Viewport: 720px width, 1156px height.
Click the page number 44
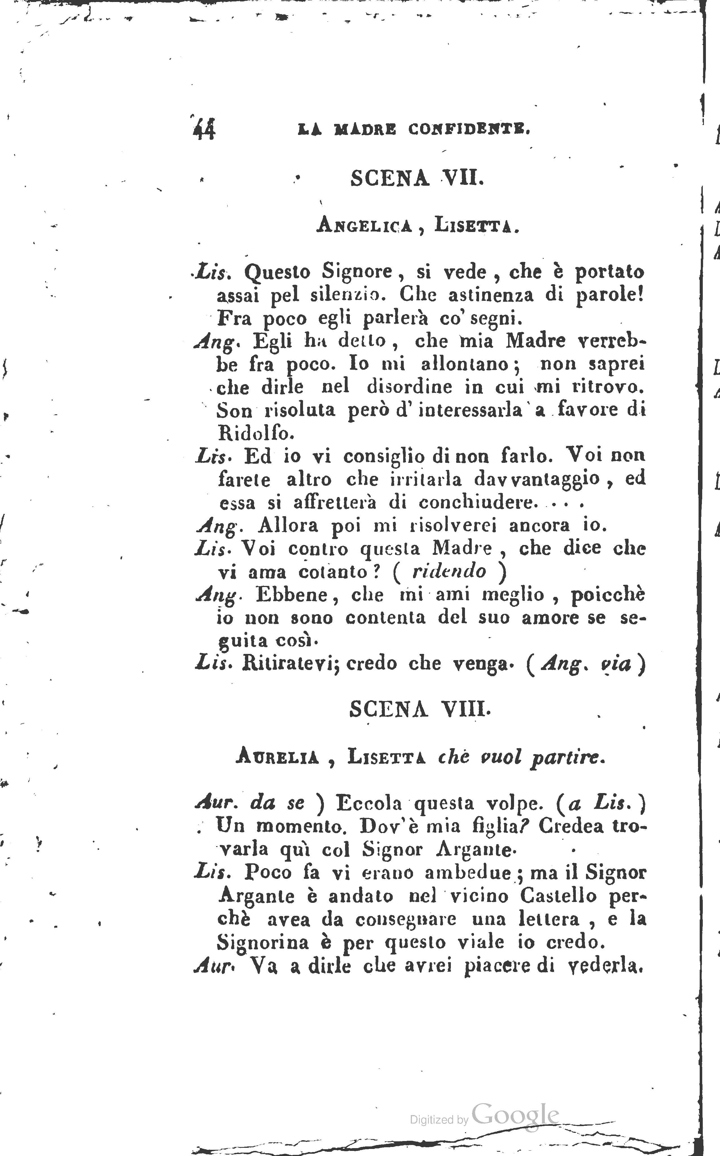(204, 129)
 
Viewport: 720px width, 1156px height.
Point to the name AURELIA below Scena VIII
(277, 757)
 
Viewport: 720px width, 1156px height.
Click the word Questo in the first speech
(277, 272)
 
